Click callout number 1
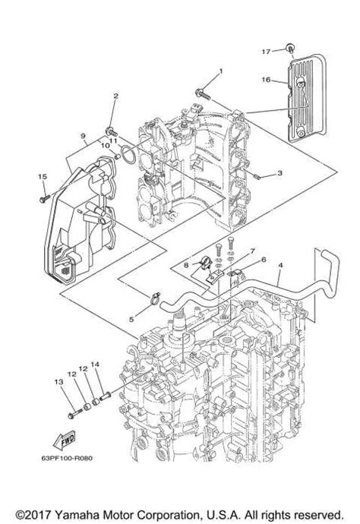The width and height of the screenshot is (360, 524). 221,72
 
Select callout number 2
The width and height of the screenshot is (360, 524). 116,96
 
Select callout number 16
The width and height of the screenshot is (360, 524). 267,77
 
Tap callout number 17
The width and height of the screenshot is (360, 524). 267,51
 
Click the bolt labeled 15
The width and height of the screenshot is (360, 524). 45,194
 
